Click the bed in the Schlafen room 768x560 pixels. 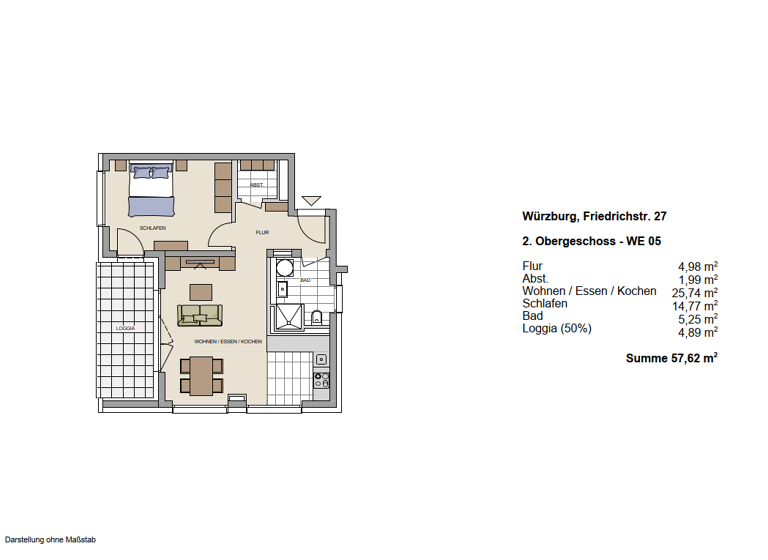tap(151, 189)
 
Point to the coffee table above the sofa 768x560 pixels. tap(201, 292)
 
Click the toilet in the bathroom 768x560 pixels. tap(316, 318)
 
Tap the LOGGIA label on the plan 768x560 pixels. tap(125, 328)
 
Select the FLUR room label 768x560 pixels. tap(262, 232)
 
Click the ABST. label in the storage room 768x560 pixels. tap(257, 185)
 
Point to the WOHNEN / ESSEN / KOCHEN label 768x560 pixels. tap(228, 342)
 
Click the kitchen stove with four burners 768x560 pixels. tap(321, 380)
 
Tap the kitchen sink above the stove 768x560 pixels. tap(321, 359)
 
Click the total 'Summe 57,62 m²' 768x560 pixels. tap(671, 356)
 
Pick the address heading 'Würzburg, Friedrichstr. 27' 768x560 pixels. tap(587, 215)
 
